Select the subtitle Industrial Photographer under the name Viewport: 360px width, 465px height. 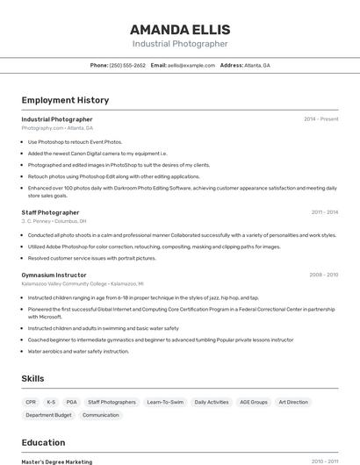180,44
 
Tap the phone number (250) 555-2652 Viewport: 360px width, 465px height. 127,65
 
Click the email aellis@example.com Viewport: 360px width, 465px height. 191,65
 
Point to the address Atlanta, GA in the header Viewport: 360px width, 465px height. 257,65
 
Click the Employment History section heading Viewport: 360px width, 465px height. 65,100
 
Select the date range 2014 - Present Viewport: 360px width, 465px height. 320,119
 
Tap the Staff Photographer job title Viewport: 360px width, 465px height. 50,212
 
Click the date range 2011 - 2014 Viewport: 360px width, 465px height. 324,212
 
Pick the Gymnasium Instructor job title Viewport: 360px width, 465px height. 55,275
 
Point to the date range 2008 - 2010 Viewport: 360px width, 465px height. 323,275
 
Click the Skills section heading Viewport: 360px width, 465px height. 33,378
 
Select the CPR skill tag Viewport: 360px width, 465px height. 31,402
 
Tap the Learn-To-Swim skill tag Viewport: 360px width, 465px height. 165,402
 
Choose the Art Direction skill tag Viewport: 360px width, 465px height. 293,402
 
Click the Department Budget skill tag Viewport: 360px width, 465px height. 48,415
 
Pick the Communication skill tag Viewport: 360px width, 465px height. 101,415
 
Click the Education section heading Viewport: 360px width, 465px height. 43,443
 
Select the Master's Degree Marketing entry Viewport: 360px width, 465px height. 57,461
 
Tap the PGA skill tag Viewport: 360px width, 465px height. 71,402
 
